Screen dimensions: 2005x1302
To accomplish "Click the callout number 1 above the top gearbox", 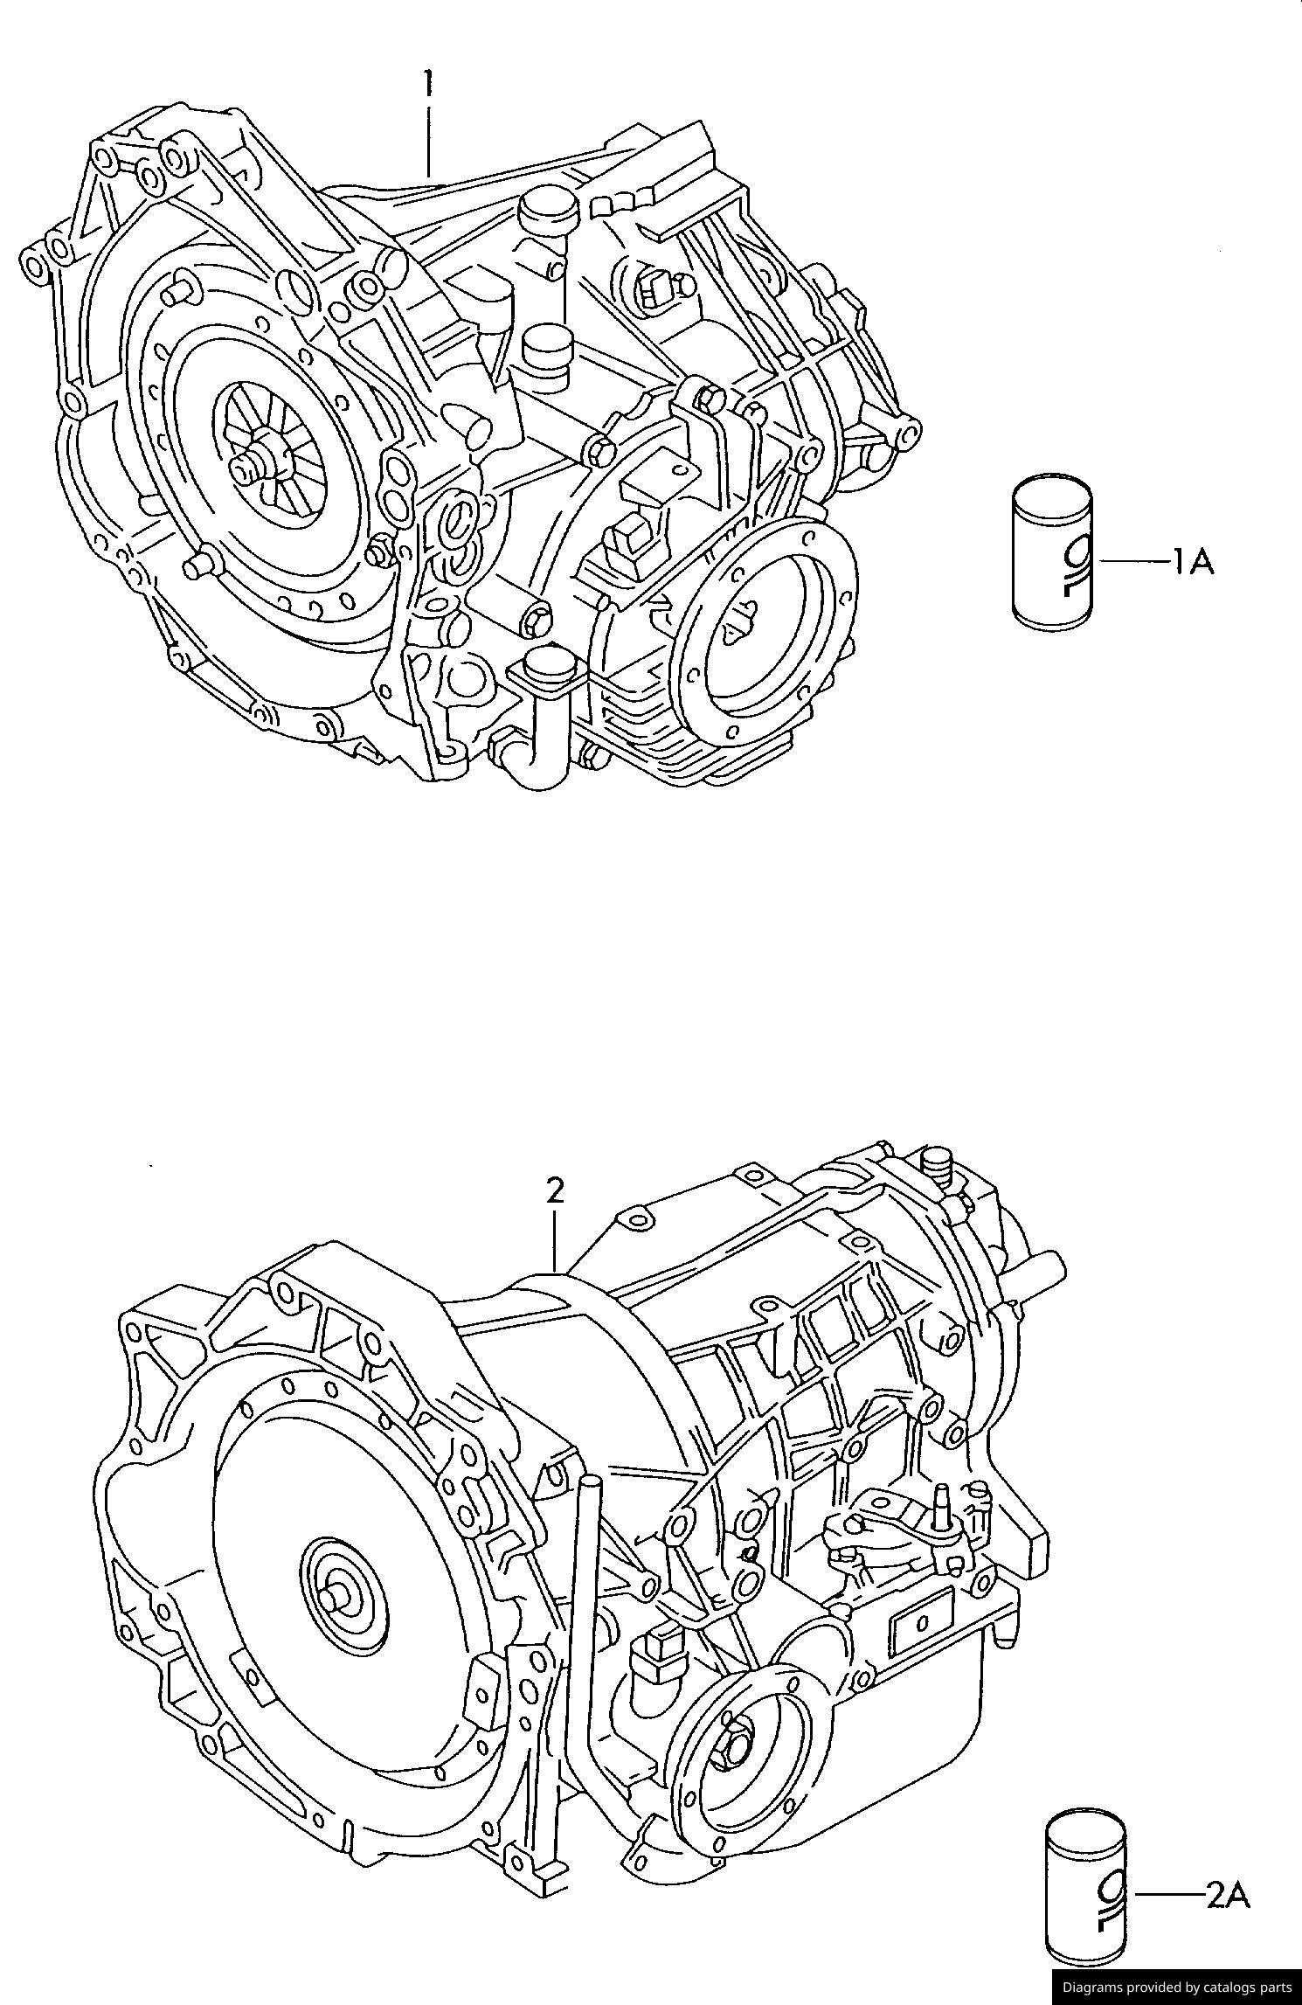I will point(427,84).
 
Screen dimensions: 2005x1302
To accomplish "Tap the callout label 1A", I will point(1193,562).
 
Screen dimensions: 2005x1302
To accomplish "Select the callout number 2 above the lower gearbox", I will point(555,1191).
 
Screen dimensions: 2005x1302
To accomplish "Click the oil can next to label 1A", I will point(1052,552).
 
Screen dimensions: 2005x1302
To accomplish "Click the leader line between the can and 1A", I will point(1133,561).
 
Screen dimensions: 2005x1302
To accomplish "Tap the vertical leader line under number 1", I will point(428,140).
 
